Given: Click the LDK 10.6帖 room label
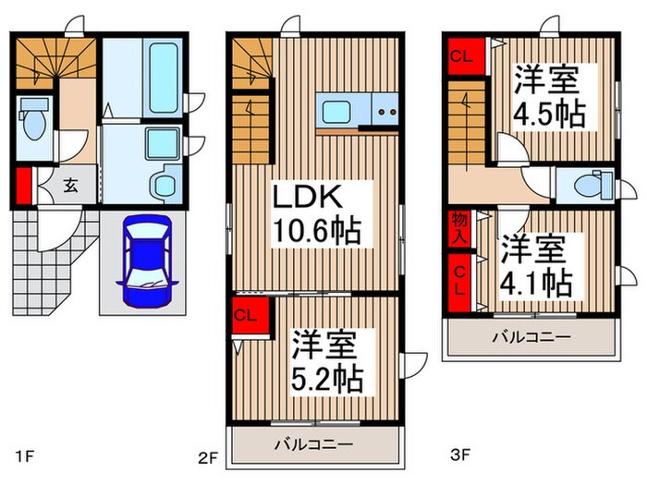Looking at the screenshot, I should tap(314, 213).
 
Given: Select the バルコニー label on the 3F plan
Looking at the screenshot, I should tap(529, 336).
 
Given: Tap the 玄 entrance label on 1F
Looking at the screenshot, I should tap(71, 184).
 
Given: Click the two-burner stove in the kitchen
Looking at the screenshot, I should tap(384, 114).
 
